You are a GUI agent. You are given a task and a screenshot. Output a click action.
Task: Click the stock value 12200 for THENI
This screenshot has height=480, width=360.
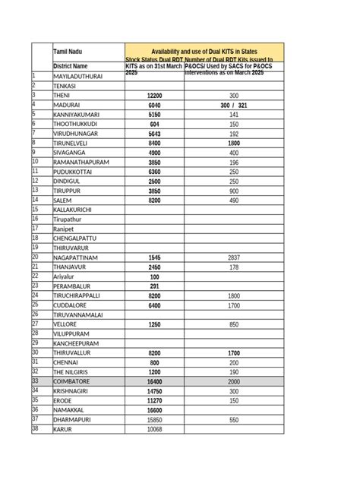(x=154, y=96)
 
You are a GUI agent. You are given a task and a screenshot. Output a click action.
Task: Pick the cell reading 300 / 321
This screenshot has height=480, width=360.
(x=234, y=106)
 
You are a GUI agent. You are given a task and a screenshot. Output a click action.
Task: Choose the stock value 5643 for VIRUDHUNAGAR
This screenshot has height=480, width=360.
(x=154, y=133)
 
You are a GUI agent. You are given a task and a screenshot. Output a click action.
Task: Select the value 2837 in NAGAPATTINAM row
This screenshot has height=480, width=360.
(x=234, y=258)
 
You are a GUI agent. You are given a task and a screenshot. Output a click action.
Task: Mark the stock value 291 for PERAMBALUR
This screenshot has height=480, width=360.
(x=154, y=286)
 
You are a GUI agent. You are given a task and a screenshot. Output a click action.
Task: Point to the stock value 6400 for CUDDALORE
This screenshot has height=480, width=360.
(x=154, y=305)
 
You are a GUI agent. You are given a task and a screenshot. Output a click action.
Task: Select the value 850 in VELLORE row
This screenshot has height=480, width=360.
(x=234, y=324)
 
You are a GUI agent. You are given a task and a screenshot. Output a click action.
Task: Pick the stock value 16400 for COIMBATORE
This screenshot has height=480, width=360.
(x=154, y=381)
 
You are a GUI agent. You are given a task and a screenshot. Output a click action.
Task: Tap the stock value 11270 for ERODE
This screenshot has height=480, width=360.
(x=154, y=400)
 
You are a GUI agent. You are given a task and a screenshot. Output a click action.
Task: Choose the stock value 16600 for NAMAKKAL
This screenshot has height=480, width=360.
(x=154, y=410)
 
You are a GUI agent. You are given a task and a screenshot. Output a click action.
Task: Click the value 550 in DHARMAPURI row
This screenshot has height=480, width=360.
(x=234, y=419)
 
